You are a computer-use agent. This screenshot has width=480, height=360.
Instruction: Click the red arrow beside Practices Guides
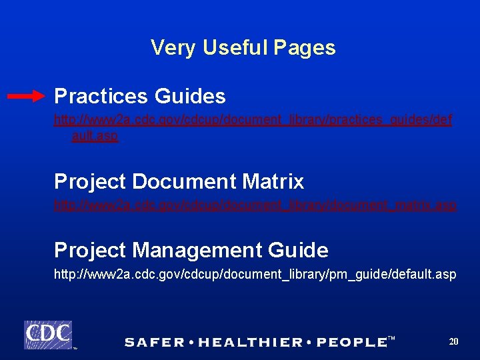(x=27, y=97)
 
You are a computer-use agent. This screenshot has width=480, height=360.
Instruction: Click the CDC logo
(x=48, y=334)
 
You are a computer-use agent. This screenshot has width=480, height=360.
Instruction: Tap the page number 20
(x=453, y=341)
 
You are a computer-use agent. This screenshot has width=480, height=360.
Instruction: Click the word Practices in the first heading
(x=101, y=97)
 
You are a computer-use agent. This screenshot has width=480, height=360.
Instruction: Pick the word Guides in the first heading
(x=190, y=97)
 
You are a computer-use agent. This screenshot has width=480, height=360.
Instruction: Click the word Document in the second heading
(x=185, y=181)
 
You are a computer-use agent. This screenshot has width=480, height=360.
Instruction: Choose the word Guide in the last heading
(x=298, y=251)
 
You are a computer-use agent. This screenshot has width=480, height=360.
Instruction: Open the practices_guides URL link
(x=253, y=121)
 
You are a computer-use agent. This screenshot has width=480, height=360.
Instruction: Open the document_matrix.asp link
(x=255, y=205)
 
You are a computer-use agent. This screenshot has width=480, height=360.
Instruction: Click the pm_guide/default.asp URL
(x=255, y=275)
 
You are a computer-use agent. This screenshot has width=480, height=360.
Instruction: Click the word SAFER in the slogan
(x=155, y=343)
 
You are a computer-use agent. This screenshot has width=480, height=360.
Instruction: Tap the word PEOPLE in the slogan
(x=351, y=343)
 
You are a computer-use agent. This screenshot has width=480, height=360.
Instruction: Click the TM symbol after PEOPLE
(x=391, y=339)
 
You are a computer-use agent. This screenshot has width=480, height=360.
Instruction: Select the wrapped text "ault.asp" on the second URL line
(x=95, y=136)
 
